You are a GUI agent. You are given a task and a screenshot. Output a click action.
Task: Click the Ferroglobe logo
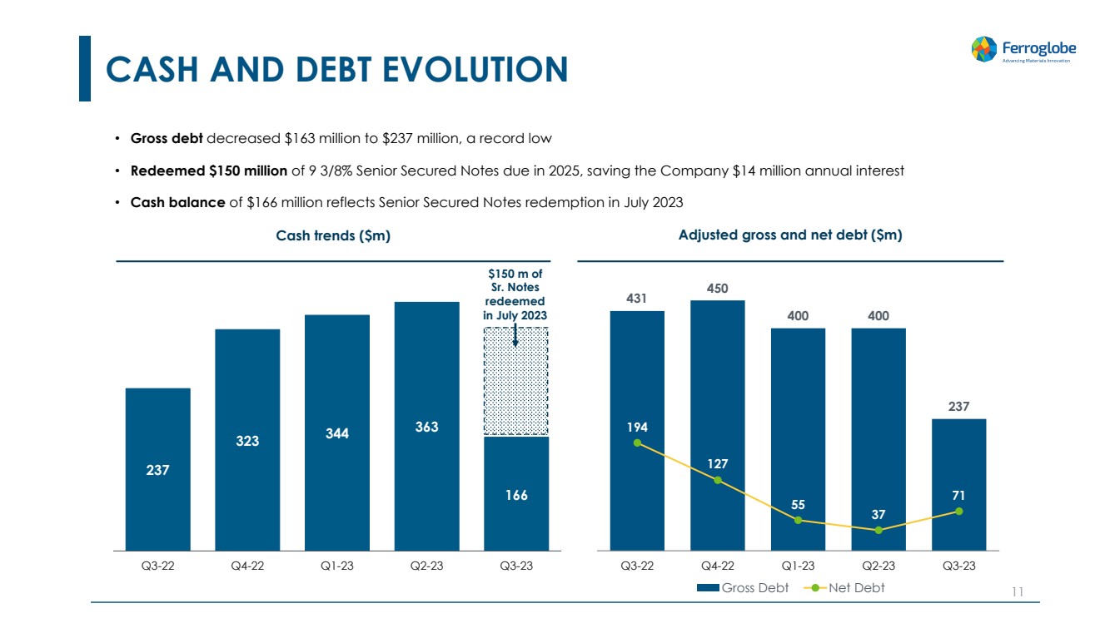coord(1020,49)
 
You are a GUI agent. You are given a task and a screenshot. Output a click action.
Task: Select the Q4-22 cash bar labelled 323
coord(247,439)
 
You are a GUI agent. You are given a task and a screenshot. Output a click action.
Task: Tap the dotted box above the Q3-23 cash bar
coord(516,381)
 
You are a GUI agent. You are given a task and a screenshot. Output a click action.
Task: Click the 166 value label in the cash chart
coord(516,495)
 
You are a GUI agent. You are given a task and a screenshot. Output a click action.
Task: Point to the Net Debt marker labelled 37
coord(879,530)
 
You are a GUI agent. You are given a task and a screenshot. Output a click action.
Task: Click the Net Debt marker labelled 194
coord(637,443)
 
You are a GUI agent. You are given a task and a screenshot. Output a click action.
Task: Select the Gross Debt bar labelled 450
coord(717,425)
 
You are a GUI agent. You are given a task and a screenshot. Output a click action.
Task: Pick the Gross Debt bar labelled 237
coord(958,484)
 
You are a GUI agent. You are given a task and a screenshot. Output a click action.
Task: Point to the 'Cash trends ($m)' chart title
coord(333,236)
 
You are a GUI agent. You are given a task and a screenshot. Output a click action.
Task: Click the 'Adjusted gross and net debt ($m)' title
coord(790,235)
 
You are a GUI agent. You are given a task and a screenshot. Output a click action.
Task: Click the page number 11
coord(1016,592)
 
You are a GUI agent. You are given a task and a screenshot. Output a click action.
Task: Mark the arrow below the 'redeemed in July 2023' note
coord(515,334)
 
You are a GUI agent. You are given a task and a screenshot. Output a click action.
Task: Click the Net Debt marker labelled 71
coord(959,511)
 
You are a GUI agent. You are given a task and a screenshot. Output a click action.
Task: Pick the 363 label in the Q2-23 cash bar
coord(426,427)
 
